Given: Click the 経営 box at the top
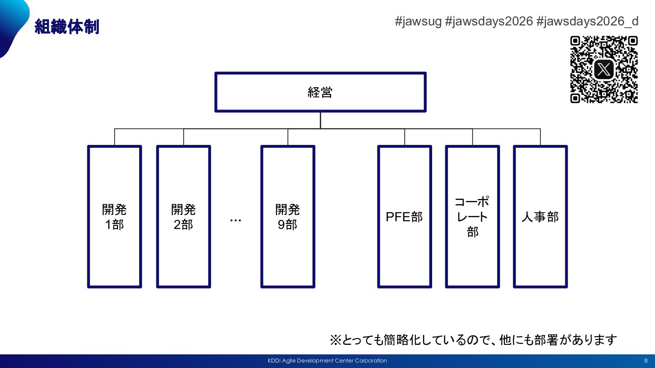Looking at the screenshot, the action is (320, 92).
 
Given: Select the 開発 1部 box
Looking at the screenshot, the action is (115, 217).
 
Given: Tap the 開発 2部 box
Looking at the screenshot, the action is (183, 217).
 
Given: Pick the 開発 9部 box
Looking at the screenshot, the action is (287, 217).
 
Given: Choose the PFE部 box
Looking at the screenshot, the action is (404, 217).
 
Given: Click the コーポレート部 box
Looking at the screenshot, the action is (473, 217).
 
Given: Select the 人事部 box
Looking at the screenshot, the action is (540, 217).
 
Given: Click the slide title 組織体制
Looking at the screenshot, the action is (66, 27).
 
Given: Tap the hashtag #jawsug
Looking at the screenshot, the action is (418, 21).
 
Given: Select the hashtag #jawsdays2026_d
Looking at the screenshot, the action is (587, 21).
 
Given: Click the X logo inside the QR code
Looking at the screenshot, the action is (604, 70).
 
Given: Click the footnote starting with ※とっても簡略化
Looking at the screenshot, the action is (473, 339).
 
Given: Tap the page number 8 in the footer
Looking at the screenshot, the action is (645, 361).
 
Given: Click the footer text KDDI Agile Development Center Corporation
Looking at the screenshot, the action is (327, 361).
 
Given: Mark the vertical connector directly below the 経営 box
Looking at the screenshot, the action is (320, 120).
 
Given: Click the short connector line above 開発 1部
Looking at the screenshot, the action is (115, 137).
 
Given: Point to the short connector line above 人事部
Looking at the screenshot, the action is (540, 137).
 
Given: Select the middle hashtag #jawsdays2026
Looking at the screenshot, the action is (489, 21).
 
